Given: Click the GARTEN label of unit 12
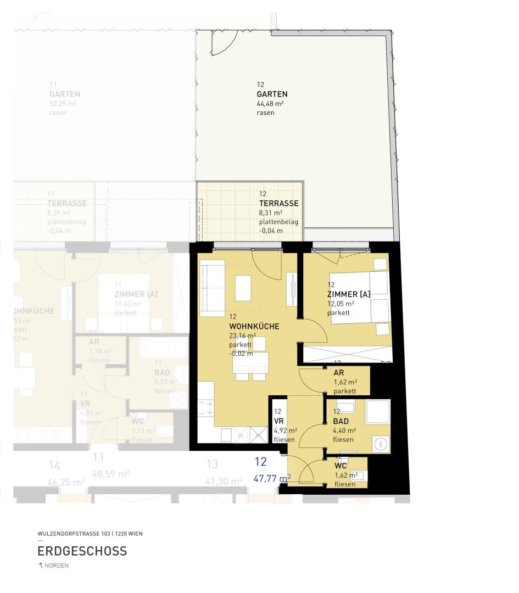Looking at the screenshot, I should (272, 94).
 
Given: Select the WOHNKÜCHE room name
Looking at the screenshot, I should (254, 326).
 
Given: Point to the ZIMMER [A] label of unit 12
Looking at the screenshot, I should (348, 294).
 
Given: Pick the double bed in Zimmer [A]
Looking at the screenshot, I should (359, 297).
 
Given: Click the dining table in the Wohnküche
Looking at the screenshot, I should (250, 362).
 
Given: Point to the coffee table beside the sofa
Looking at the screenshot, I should (243, 288).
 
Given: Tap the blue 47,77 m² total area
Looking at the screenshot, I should (271, 478).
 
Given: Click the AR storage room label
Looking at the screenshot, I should (339, 372).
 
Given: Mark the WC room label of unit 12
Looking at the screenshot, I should (340, 466).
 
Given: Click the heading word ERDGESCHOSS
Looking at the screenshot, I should (82, 551).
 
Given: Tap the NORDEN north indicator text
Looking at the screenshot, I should (57, 566).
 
